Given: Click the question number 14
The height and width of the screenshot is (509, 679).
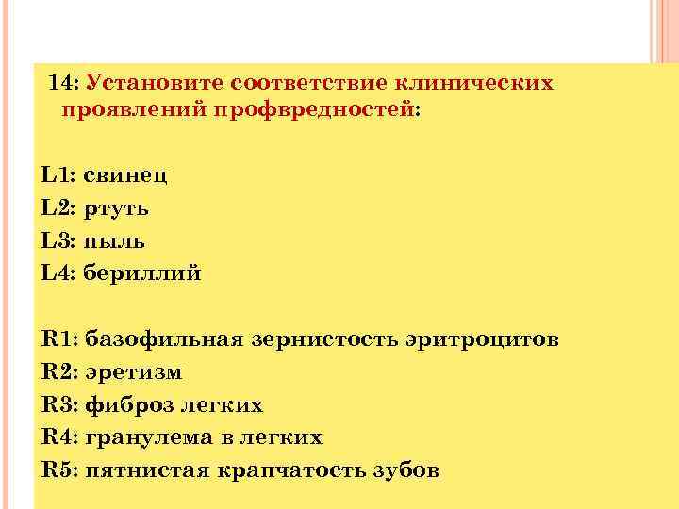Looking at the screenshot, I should tap(64, 83).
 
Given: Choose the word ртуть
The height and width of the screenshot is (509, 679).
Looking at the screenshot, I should tap(116, 207).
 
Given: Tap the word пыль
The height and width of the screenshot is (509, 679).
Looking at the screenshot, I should tap(114, 240).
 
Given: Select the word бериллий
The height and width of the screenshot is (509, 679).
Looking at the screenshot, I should tap(142, 273).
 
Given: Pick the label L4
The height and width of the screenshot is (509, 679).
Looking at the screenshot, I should tap(58, 273).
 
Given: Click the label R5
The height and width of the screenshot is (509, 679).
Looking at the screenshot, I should tap(59, 470).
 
